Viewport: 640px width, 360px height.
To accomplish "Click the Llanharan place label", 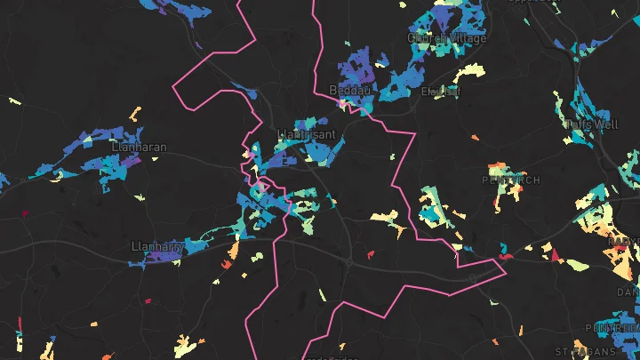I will pos(140,148).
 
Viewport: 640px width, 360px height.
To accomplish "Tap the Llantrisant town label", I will pos(307,134).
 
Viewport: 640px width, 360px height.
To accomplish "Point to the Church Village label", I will pos(447,38).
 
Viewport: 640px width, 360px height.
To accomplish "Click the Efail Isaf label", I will pos(441,91).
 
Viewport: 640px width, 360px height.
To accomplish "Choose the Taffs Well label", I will pos(591,124).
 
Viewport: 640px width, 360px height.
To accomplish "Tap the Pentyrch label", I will pos(511,180).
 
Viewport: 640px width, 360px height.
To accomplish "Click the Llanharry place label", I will pos(156,245).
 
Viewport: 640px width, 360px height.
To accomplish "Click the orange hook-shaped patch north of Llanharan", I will pos(135,113).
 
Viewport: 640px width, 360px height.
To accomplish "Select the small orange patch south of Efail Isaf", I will pos(475,138).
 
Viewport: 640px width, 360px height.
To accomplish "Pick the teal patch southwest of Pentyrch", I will pos(435,214).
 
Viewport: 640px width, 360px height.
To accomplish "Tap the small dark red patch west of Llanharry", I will pos(25,213).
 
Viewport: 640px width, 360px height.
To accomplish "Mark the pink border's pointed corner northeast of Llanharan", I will pos(173,89).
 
